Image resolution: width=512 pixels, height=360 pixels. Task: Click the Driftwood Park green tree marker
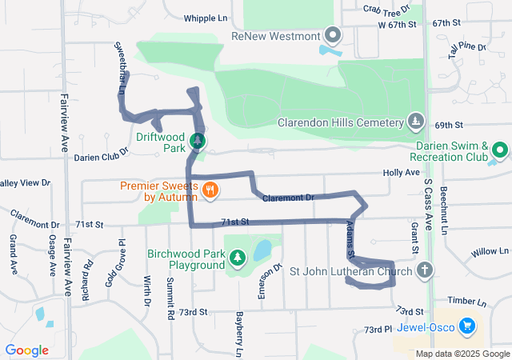point(197,142)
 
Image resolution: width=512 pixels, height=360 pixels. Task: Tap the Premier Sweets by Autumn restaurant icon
point(210,190)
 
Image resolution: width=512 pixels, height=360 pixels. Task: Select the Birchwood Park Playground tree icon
point(237,258)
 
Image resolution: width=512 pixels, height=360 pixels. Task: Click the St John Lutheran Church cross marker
point(425,270)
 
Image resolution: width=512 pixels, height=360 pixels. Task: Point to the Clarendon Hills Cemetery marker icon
point(415,122)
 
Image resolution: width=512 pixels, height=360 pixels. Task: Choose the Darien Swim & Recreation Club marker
point(500,150)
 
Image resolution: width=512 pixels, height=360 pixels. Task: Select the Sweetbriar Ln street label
point(120,69)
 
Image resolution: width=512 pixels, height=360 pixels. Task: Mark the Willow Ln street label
point(485,252)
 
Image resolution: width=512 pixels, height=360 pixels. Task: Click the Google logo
point(27,350)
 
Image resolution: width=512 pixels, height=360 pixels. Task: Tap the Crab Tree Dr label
point(386,8)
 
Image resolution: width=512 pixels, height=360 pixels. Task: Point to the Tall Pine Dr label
point(468,50)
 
